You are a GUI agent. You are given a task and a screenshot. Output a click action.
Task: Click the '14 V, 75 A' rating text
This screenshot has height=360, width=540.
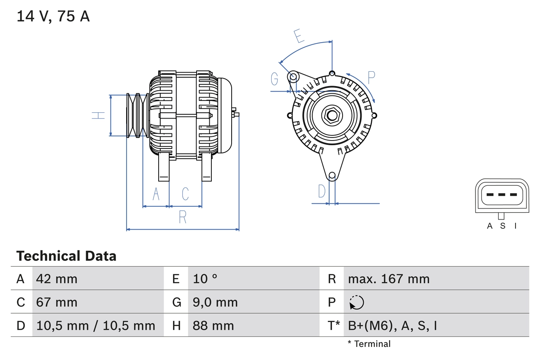pyautogui.click(x=53, y=16)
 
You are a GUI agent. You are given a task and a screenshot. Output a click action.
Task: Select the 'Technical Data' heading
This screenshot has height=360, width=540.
pyautogui.click(x=66, y=256)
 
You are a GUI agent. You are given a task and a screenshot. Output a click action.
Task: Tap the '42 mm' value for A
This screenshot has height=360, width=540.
pyautogui.click(x=57, y=279)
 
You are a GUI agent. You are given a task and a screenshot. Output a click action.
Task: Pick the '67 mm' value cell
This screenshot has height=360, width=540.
pyautogui.click(x=57, y=302)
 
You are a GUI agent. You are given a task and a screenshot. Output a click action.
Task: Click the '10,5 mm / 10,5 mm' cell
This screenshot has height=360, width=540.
pyautogui.click(x=96, y=325)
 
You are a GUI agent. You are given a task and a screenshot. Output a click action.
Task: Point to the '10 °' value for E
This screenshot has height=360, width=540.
pyautogui.click(x=205, y=279)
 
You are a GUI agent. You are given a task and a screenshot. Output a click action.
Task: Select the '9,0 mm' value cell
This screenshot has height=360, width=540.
pyautogui.click(x=215, y=302)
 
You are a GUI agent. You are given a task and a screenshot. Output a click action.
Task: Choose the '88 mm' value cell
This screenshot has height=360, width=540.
pyautogui.click(x=213, y=325)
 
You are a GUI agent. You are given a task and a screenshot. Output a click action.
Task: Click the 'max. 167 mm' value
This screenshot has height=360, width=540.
pyautogui.click(x=389, y=279)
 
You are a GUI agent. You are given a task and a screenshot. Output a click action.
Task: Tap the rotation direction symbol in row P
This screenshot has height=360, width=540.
pyautogui.click(x=356, y=302)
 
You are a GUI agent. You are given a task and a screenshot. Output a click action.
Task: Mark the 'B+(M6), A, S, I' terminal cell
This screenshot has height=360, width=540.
pyautogui.click(x=392, y=325)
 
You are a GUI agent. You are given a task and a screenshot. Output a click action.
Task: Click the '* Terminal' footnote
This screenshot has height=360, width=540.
pyautogui.click(x=369, y=344)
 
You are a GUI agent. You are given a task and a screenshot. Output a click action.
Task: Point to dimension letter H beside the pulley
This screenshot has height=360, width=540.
pyautogui.click(x=98, y=115)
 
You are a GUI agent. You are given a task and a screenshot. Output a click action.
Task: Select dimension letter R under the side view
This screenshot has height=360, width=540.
pyautogui.click(x=183, y=217)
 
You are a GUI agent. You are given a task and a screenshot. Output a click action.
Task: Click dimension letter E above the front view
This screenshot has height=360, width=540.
pyautogui.click(x=299, y=36)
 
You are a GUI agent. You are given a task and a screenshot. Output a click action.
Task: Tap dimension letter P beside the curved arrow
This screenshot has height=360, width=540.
pyautogui.click(x=371, y=78)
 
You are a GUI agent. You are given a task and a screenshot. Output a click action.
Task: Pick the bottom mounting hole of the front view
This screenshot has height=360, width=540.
pyautogui.click(x=332, y=175)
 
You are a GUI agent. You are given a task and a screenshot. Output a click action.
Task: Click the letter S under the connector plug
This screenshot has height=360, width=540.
pyautogui.click(x=502, y=226)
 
